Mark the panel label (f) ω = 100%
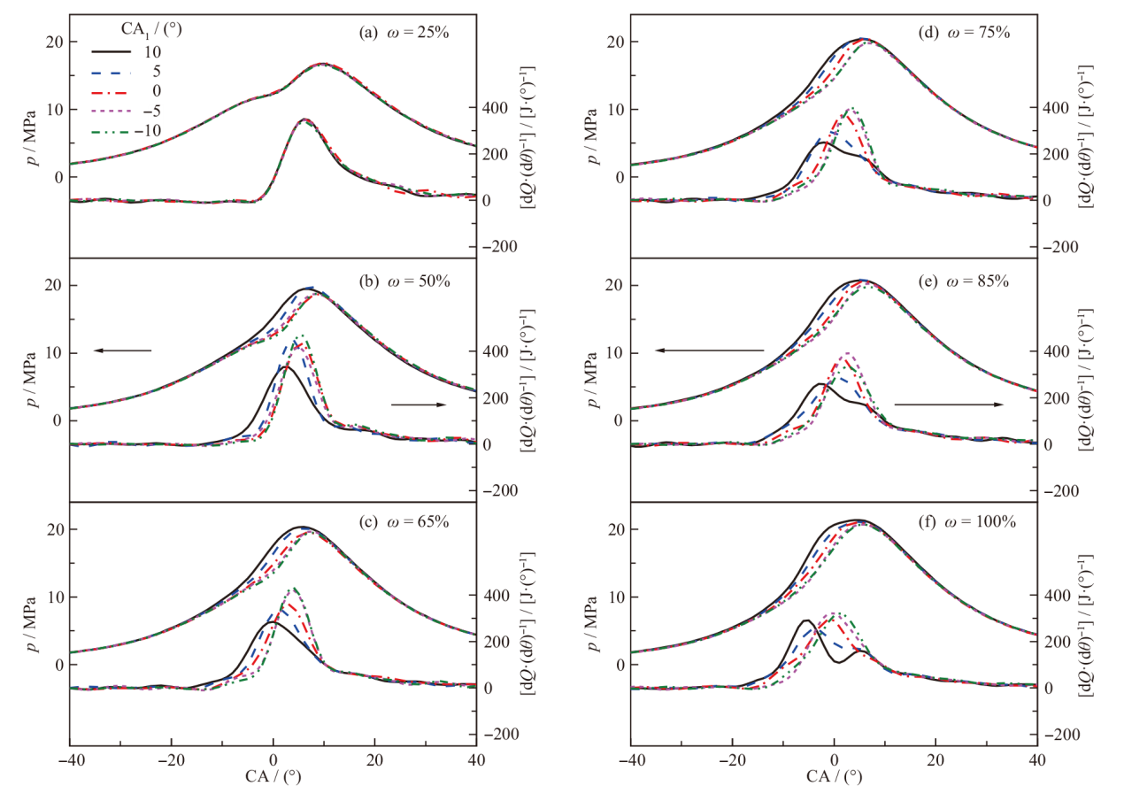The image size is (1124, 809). click(964, 521)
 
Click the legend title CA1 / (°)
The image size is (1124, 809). click(139, 27)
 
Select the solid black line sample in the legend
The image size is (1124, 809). click(111, 50)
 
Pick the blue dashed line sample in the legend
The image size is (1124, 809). click(111, 70)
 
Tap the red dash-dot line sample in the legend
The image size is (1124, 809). click(111, 90)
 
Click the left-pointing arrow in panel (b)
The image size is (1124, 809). click(122, 351)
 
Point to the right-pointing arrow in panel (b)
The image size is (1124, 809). click(419, 404)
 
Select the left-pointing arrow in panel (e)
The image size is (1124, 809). click(708, 351)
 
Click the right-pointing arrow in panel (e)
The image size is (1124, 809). click(948, 404)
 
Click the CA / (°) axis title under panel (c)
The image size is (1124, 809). click(273, 779)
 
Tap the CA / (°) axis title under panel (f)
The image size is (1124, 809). click(834, 779)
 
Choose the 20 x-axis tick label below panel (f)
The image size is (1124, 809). click(935, 760)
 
